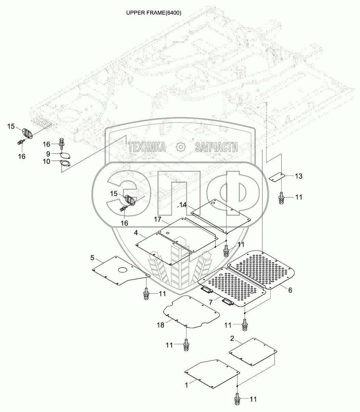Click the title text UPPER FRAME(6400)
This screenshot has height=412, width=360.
click(x=154, y=13)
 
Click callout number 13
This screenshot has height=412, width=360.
click(x=298, y=176)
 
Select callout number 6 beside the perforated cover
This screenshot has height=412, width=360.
click(x=290, y=290)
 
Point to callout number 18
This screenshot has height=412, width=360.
click(x=160, y=325)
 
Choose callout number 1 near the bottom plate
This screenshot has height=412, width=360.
click(x=187, y=385)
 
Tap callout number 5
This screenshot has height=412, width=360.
click(x=92, y=257)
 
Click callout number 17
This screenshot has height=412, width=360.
click(x=157, y=219)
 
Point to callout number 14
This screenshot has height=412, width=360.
click(x=183, y=205)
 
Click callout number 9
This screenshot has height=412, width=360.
click(x=48, y=154)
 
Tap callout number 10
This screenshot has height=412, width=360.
click(x=46, y=161)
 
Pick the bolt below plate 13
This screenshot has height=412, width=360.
click(x=281, y=198)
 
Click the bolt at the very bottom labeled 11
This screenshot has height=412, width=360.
click(x=237, y=399)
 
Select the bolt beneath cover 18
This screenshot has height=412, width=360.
click(x=186, y=345)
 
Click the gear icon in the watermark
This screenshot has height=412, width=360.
click(x=180, y=147)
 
